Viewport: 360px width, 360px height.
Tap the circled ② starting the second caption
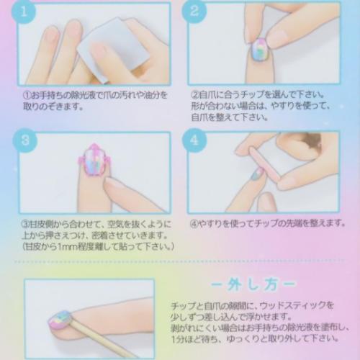(x=194, y=94)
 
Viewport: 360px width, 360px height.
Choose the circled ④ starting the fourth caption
(x=194, y=223)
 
